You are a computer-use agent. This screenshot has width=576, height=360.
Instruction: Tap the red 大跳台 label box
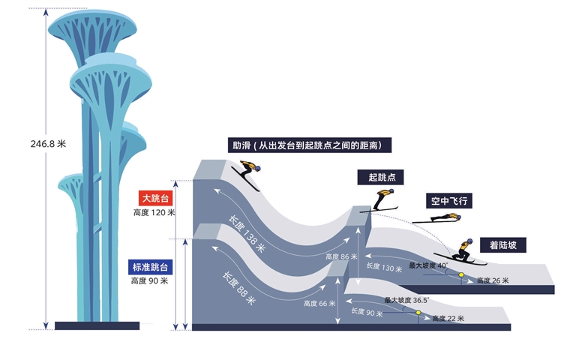click(155, 199)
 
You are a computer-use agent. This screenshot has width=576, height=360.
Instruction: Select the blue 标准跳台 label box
click(154, 267)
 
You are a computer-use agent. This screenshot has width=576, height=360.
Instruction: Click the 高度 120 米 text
click(154, 212)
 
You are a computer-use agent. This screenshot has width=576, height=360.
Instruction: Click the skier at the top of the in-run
click(247, 175)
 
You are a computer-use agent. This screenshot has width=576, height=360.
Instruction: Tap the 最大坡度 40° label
click(428, 265)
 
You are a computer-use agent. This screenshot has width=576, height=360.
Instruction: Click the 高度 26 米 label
click(492, 281)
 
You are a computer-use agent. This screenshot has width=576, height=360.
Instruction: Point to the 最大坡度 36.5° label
click(406, 300)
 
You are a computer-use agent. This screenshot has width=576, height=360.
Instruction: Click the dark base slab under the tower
click(97, 325)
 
